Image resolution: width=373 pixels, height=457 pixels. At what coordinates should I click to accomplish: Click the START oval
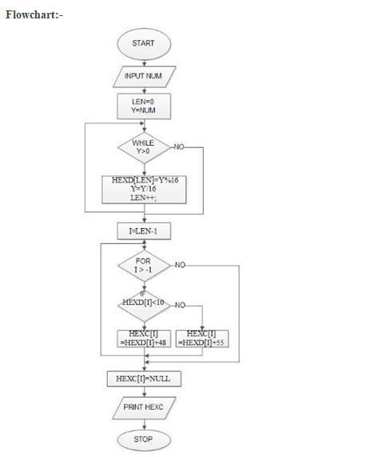(143, 43)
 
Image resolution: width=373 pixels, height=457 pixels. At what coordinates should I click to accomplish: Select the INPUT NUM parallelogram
(143, 76)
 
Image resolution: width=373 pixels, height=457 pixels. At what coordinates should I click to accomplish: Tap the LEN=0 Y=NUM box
(143, 106)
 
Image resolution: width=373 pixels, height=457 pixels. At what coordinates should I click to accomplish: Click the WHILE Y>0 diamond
(143, 147)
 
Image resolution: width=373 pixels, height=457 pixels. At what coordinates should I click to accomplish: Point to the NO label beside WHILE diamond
(179, 147)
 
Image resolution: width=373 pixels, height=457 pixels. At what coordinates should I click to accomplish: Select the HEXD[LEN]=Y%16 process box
(144, 190)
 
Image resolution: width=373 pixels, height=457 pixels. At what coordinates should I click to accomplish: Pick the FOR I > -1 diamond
(143, 265)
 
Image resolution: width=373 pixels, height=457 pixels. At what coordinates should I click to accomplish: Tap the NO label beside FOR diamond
(181, 264)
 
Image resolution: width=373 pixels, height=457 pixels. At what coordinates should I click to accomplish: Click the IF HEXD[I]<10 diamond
(143, 305)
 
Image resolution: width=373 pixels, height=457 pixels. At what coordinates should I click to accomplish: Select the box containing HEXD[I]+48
(143, 338)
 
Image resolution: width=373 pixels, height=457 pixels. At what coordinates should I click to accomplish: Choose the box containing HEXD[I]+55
(201, 338)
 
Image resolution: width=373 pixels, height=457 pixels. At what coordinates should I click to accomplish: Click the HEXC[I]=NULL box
(144, 378)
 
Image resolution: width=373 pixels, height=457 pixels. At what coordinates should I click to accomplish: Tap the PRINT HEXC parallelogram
(144, 407)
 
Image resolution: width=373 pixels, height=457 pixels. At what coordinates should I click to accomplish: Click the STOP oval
(144, 439)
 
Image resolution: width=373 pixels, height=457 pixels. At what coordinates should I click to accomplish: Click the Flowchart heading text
(34, 16)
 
